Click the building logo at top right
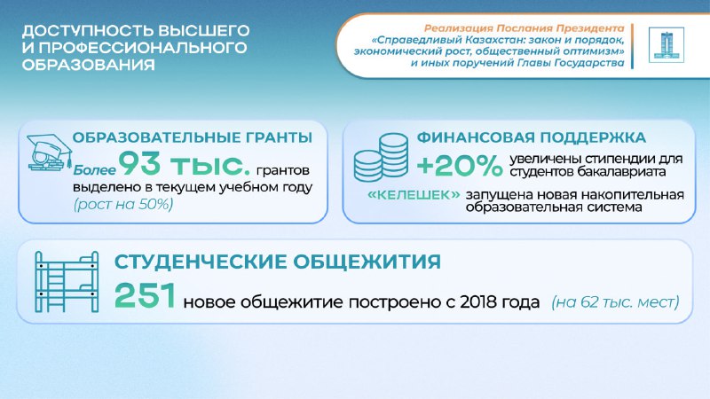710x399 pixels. tap(661, 47)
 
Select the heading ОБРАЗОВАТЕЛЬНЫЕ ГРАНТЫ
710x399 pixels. tap(193, 138)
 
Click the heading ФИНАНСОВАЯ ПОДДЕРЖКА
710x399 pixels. tap(532, 138)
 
